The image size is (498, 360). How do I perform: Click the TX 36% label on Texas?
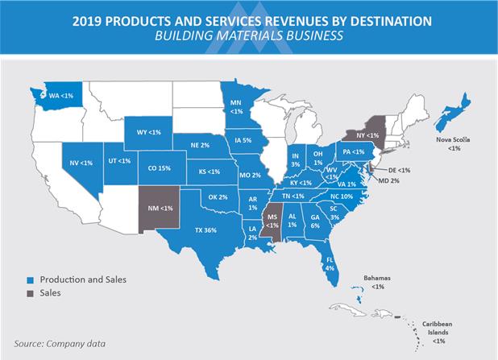click(205, 230)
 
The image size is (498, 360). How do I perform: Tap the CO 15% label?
click(159, 168)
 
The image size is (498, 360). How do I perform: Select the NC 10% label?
click(342, 197)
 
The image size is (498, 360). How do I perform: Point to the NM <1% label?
click(160, 209)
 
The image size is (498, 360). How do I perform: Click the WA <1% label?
click(61, 96)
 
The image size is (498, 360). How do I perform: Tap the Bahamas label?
click(377, 282)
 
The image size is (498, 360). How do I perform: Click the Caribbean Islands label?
click(438, 333)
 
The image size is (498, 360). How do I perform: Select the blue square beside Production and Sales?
click(30, 280)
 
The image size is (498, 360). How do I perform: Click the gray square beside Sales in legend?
click(30, 294)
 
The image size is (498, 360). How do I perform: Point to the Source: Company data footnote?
click(60, 344)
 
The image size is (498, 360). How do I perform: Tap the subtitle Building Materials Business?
click(249, 35)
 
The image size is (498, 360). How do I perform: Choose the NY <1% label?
click(367, 135)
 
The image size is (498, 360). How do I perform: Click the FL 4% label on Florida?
click(330, 264)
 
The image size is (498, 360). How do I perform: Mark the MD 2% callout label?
click(388, 181)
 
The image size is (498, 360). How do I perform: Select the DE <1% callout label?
click(399, 170)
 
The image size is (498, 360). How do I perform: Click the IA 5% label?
click(243, 140)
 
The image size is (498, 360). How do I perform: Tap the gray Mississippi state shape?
click(272, 220)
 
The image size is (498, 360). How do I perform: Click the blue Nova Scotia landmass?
click(452, 113)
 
